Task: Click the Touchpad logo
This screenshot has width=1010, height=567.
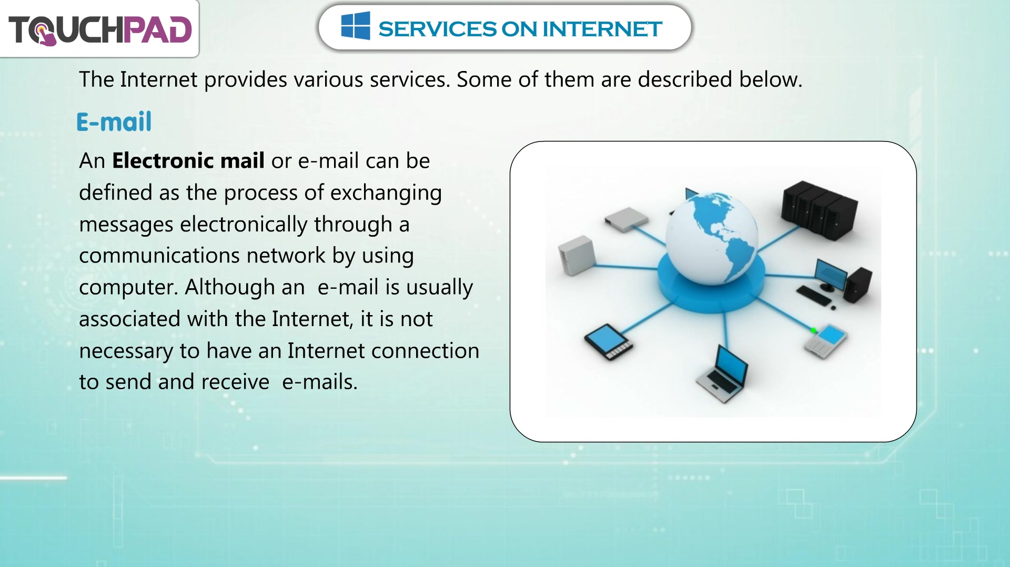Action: click(x=100, y=29)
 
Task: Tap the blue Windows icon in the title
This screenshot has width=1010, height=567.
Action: click(x=356, y=26)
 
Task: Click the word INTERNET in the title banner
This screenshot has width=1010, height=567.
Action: click(x=602, y=29)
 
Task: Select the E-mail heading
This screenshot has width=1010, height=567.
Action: click(x=114, y=122)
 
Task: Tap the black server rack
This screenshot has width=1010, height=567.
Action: click(x=819, y=210)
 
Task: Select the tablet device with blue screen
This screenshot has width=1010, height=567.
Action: click(x=609, y=342)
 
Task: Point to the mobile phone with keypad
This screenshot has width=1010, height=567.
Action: click(x=825, y=341)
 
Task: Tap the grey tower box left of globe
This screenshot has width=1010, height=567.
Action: click(x=577, y=256)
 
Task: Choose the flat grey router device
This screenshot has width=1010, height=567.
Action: click(x=626, y=219)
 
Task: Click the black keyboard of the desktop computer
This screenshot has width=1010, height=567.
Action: click(x=814, y=295)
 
